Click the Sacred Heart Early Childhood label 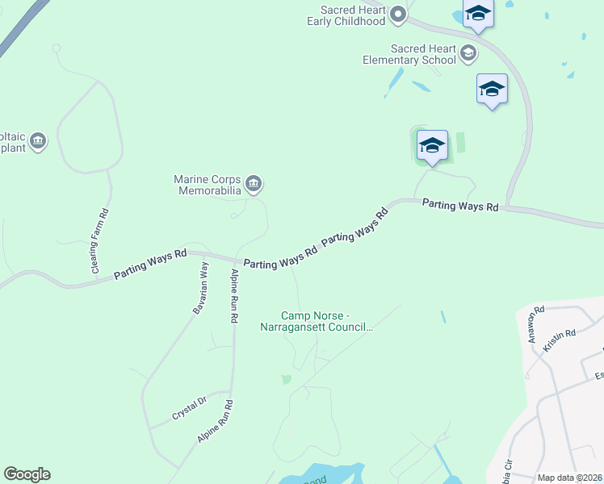point(346,15)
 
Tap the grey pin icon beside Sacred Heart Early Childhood point(397,14)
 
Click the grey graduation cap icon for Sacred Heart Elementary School point(468,54)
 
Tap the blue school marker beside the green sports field point(432,146)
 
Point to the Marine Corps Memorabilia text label point(208,185)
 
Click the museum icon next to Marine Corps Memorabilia point(254,185)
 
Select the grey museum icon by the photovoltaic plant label point(38,143)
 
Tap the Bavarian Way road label point(200,287)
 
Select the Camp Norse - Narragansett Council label point(316,321)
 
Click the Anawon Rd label point(536,321)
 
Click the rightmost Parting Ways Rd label point(460,206)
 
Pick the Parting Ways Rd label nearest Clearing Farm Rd point(150,265)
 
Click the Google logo point(27,474)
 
